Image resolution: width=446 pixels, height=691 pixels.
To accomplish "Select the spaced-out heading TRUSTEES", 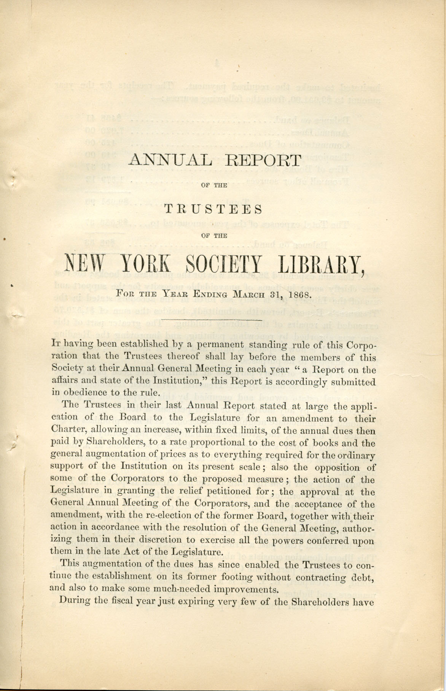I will coord(215,210).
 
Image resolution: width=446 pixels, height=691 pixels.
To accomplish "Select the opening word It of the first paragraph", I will coord(56,346).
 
